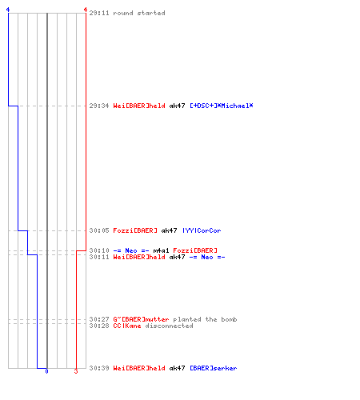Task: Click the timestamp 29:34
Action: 99,106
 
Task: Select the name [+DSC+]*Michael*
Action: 222,106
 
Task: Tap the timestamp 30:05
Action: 99,230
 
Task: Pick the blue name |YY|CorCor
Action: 202,230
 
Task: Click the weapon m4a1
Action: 161,250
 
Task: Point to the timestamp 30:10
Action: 99,250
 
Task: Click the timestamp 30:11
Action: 99,257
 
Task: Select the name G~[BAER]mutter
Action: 141,319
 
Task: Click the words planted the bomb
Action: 205,319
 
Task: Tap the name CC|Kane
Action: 127,326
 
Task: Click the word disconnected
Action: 169,326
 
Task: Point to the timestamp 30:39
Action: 99,368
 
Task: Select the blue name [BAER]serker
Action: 214,368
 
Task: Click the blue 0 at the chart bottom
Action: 46,371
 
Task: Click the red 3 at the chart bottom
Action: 76,371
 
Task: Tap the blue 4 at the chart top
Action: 8,10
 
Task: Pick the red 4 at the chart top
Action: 86,10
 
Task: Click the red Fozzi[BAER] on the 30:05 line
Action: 135,230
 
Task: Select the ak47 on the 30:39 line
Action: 177,368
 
